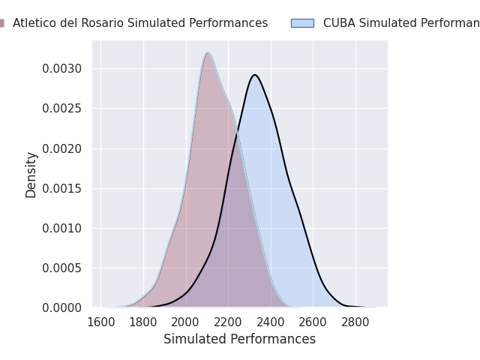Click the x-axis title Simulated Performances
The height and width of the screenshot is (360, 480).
pyautogui.click(x=239, y=339)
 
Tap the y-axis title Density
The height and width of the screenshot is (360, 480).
pyautogui.click(x=31, y=175)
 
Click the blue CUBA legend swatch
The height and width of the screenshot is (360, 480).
pyautogui.click(x=302, y=23)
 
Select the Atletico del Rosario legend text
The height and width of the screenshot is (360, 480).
pyautogui.click(x=140, y=23)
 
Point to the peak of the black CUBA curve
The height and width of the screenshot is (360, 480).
pyautogui.click(x=255, y=75)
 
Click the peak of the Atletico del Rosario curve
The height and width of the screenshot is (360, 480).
pyautogui.click(x=208, y=52)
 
